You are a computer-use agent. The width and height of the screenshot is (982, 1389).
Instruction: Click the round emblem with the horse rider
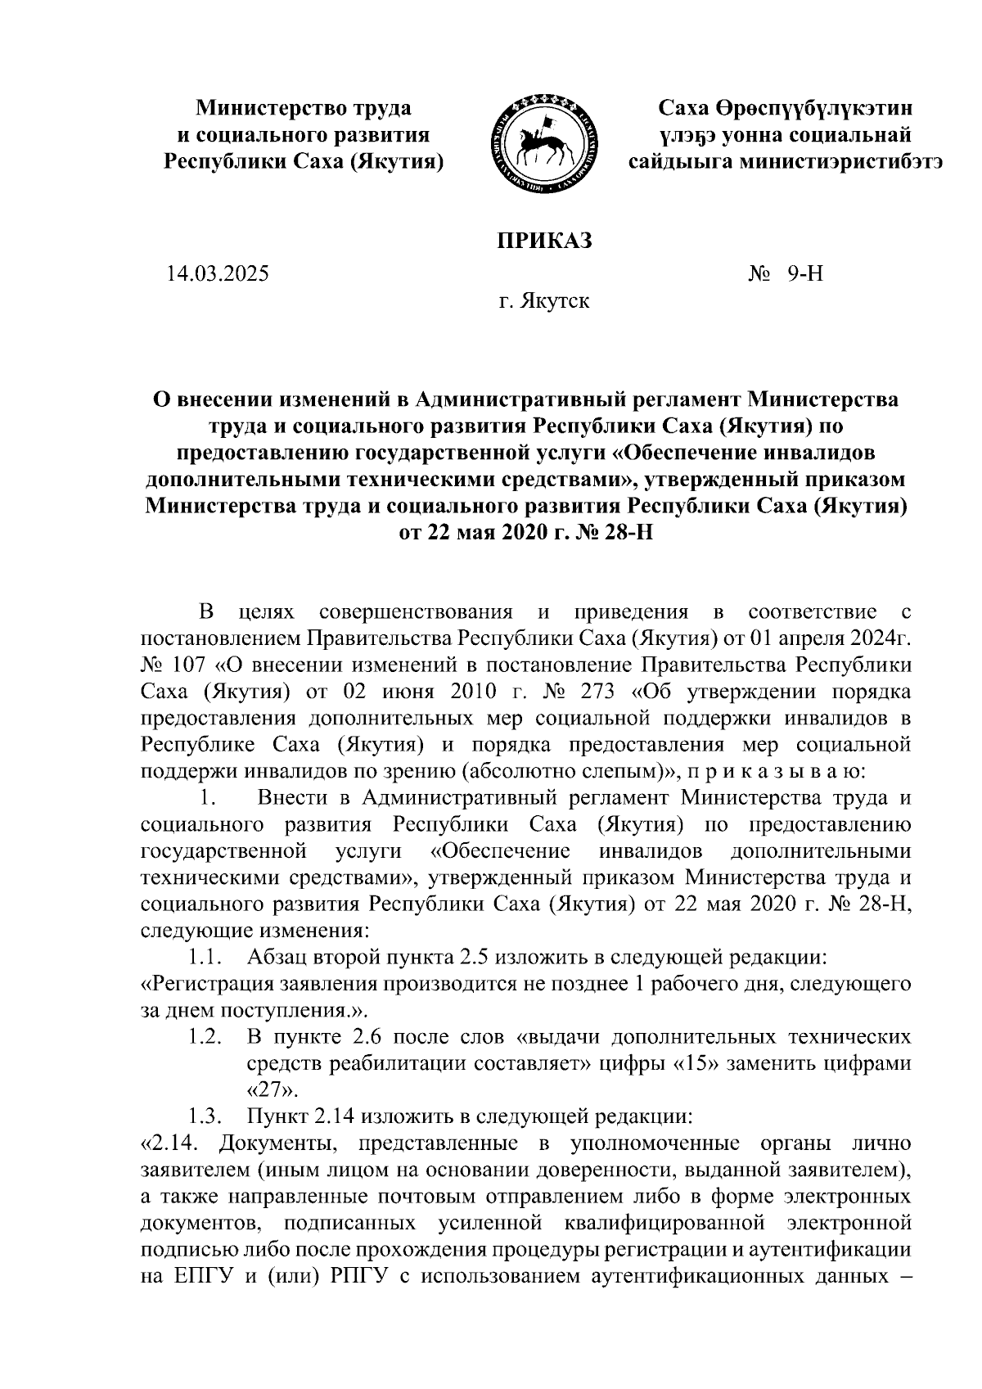click(541, 142)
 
